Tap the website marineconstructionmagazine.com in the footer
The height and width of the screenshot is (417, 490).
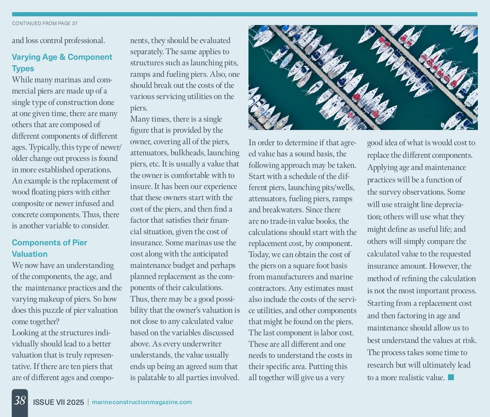point(142,402)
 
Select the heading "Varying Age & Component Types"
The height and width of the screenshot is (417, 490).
point(62,63)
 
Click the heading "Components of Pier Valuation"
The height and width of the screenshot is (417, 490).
point(49,248)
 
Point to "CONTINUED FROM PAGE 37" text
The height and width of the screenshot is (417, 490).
point(45,23)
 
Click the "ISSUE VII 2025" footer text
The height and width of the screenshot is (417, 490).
point(58,402)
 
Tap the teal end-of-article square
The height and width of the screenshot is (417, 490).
point(451,377)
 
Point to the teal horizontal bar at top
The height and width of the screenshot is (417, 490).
point(245,14)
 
